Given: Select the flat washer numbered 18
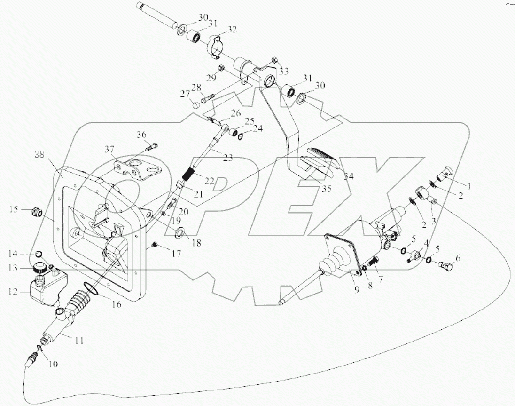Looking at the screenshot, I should click(x=180, y=232).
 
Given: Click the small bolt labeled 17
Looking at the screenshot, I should click(x=155, y=245).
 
